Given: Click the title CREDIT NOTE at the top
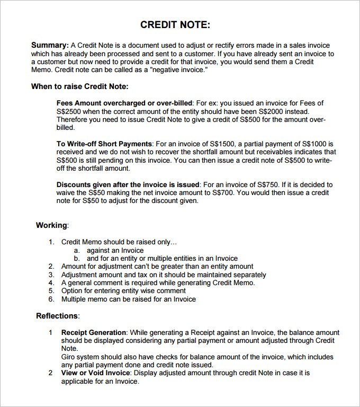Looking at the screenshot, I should pos(175,25).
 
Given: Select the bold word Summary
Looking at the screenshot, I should pos(50,45).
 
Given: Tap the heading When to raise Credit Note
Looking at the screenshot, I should pos(79,86).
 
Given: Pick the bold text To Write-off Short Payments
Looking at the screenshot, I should pos(104,144).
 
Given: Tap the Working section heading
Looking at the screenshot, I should pos(52,225).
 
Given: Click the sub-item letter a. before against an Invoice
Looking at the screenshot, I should pos(77,250).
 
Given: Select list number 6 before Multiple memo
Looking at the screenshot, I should pos(51,299).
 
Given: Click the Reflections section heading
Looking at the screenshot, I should pos(57,316).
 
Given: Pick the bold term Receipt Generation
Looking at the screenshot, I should pos(94,332).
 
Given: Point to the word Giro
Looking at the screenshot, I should pos(69,357).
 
